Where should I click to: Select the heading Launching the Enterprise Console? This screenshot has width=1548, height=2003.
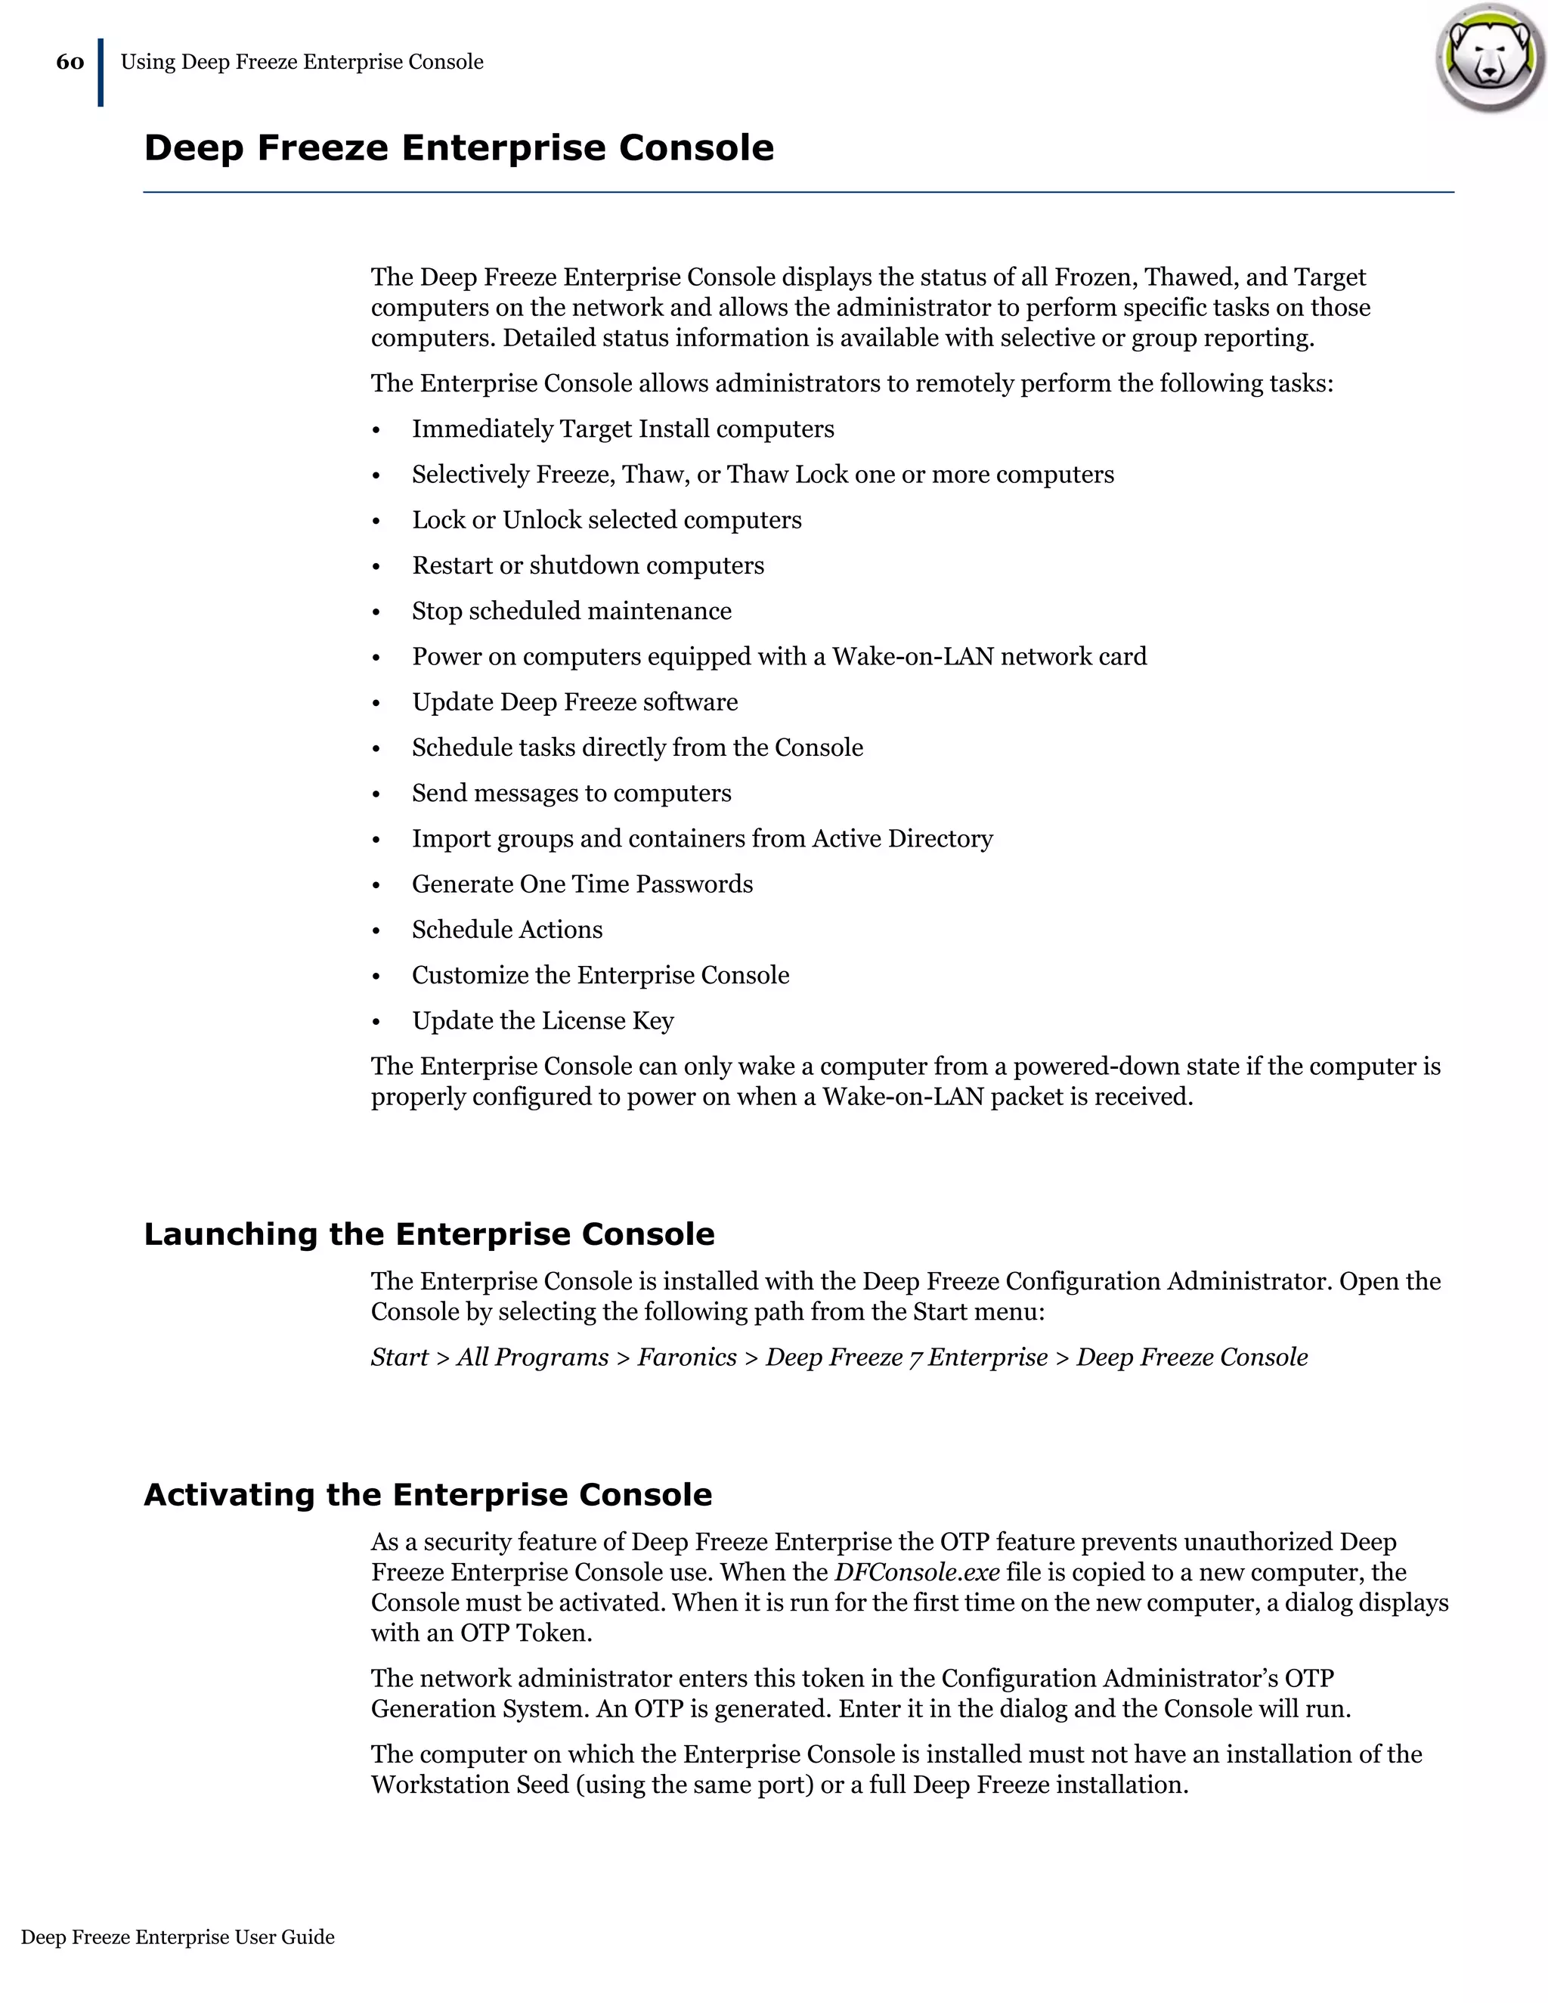pyautogui.click(x=429, y=1234)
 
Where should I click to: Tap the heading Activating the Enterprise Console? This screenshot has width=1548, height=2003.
pyautogui.click(x=427, y=1495)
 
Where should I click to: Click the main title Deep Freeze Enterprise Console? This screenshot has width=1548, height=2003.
pyautogui.click(x=459, y=147)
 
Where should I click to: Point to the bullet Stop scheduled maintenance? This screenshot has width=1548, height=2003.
pyautogui.click(x=571, y=611)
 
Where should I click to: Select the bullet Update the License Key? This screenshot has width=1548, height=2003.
pyautogui.click(x=543, y=1020)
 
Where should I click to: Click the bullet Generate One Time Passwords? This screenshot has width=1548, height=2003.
pyautogui.click(x=582, y=884)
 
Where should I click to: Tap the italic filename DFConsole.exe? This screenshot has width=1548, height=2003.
pyautogui.click(x=916, y=1572)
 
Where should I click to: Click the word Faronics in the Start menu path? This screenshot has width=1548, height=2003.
pyautogui.click(x=687, y=1358)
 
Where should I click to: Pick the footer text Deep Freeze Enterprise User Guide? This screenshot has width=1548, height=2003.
pyautogui.click(x=178, y=1937)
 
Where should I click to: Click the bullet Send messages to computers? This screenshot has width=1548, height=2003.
pyautogui.click(x=571, y=794)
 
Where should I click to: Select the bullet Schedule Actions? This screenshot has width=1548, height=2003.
pyautogui.click(x=507, y=930)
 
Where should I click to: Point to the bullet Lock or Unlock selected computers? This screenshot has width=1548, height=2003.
pyautogui.click(x=606, y=520)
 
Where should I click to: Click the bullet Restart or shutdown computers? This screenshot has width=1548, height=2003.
pyautogui.click(x=588, y=566)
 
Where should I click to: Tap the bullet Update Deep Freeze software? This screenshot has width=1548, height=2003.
pyautogui.click(x=575, y=702)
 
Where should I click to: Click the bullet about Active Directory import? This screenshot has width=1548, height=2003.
pyautogui.click(x=701, y=839)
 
